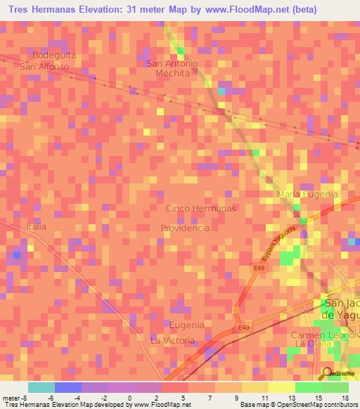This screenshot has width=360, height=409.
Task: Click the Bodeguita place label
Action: point(54,55)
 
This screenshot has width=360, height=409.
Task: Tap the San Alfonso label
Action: point(44,67)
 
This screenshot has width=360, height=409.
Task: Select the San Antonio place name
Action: point(172,63)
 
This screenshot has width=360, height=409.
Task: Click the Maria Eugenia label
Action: point(308,194)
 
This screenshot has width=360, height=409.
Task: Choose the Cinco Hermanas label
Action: point(200,209)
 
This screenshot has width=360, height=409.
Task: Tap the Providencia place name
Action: point(186,228)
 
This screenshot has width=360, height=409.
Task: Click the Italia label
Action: point(36,227)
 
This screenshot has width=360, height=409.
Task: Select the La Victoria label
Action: point(172,340)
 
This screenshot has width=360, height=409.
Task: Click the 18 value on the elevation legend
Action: point(344,398)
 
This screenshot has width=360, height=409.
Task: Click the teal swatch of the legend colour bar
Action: point(41,387)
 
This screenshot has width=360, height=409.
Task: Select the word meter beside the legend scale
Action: point(11,398)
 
